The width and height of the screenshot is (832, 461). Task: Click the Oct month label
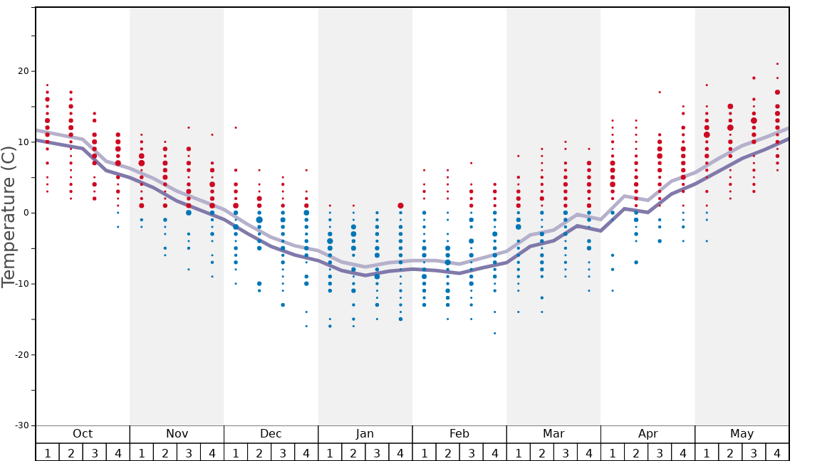click(x=83, y=434)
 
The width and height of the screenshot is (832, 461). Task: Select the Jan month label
click(x=365, y=434)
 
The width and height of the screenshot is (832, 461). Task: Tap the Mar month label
click(x=553, y=434)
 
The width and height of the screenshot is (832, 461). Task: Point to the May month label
click(x=742, y=434)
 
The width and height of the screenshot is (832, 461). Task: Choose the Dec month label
click(x=271, y=434)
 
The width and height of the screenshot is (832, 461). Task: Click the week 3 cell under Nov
click(x=189, y=452)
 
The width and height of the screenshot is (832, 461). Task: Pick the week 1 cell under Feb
click(x=424, y=452)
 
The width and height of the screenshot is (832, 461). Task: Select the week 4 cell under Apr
click(x=683, y=452)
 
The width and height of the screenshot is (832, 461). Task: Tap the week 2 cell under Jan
click(x=353, y=452)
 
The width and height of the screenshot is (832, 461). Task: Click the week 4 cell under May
click(x=777, y=452)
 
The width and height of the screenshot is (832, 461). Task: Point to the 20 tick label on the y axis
click(x=24, y=71)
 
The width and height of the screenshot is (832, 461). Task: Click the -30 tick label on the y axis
click(x=21, y=425)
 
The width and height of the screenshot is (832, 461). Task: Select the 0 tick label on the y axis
click(x=26, y=213)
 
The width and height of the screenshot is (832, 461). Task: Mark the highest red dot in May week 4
click(x=777, y=64)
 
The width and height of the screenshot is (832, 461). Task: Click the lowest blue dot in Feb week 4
click(x=494, y=333)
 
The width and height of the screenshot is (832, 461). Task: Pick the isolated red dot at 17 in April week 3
click(x=660, y=92)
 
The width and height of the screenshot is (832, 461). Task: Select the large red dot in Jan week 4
click(x=400, y=206)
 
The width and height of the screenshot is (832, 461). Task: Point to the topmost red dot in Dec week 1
click(x=236, y=128)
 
